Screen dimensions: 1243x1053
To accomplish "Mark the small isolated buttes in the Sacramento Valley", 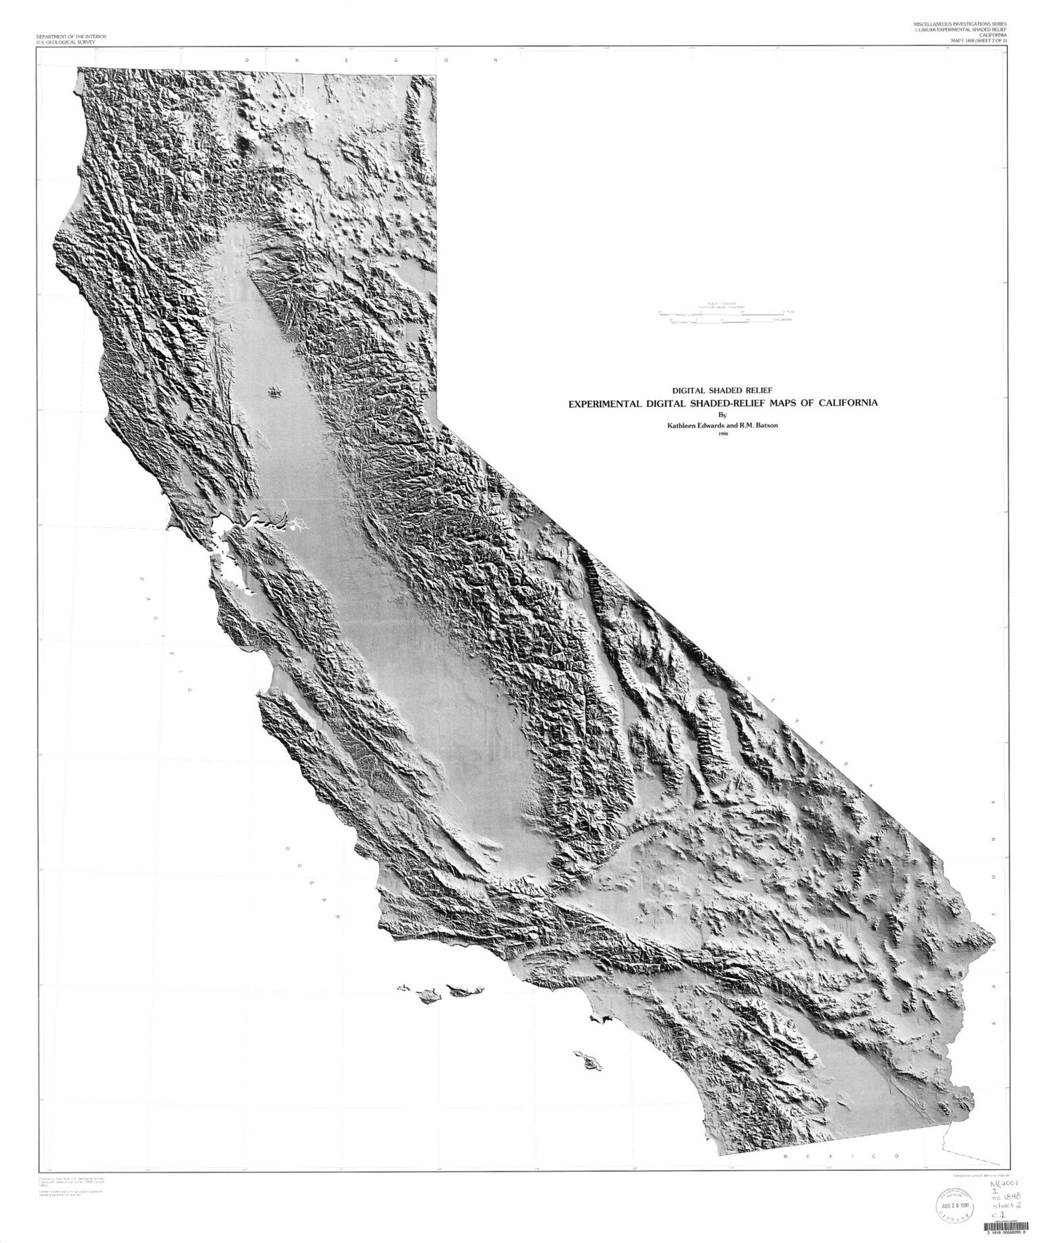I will [275, 392].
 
